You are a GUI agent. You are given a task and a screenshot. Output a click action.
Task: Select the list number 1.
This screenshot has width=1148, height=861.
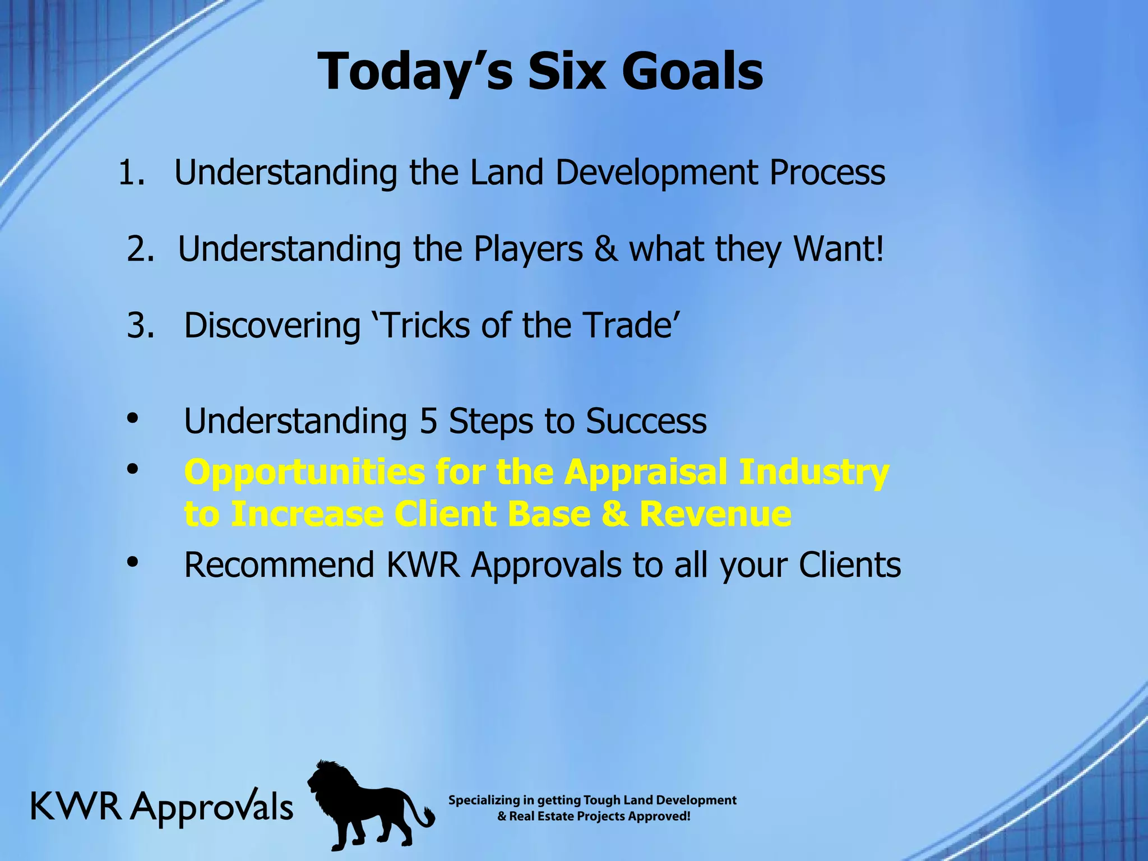coord(131,173)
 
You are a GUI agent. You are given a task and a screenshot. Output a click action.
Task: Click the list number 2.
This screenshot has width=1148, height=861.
coord(140,249)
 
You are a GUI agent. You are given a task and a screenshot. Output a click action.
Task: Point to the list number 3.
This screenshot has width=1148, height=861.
coord(140,325)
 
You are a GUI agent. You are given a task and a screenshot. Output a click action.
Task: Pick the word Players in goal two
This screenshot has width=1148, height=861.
coord(527,249)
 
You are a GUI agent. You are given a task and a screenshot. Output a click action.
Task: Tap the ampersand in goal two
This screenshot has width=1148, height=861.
coord(605,249)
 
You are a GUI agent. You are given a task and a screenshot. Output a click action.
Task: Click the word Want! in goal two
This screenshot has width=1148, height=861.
coord(839,249)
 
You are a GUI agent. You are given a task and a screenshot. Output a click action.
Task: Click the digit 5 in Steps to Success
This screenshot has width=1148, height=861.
coord(428,420)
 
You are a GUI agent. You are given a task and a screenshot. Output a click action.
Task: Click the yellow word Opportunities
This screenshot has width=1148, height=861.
coord(304,473)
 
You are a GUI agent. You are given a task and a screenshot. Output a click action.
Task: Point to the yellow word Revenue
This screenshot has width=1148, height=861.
coord(715,514)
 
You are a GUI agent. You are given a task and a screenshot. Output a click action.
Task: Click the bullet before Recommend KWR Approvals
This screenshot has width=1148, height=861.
coord(132,562)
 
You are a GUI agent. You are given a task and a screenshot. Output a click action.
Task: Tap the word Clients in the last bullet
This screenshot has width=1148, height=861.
coord(850,564)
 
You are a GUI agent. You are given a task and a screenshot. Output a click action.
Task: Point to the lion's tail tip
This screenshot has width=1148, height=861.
coord(430,817)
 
